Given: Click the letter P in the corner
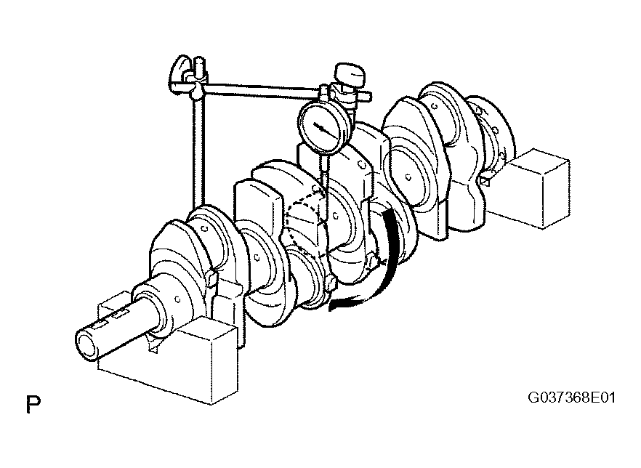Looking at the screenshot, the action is [33, 404].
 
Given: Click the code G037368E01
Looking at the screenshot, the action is [571, 398].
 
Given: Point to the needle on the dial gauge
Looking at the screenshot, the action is [326, 129].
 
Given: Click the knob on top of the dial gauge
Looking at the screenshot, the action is [349, 73].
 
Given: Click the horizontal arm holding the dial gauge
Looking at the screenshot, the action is [262, 91].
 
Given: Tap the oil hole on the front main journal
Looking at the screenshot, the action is [177, 299].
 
